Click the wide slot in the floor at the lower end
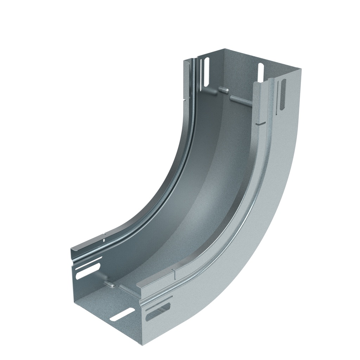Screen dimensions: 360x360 122,314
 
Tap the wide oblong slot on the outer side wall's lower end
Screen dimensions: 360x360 158,313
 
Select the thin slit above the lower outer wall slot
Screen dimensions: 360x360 158,301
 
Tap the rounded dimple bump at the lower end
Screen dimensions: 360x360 110,284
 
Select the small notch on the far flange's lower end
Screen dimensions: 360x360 104,240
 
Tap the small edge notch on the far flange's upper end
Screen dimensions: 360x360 184,99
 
